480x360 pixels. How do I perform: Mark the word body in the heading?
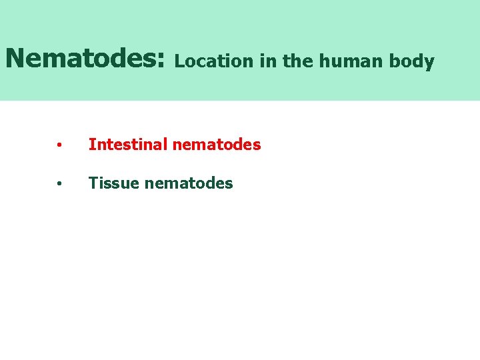413,62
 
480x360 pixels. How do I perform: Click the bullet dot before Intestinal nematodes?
60,145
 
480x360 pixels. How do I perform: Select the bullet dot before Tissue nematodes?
60,183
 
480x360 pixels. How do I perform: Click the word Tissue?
111,183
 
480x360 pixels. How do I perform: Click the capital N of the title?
15,58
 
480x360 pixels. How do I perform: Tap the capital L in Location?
179,61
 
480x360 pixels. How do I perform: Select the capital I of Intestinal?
91,144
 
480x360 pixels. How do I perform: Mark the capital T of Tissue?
93,183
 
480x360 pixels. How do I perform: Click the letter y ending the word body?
429,63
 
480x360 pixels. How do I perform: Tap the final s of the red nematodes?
257,145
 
